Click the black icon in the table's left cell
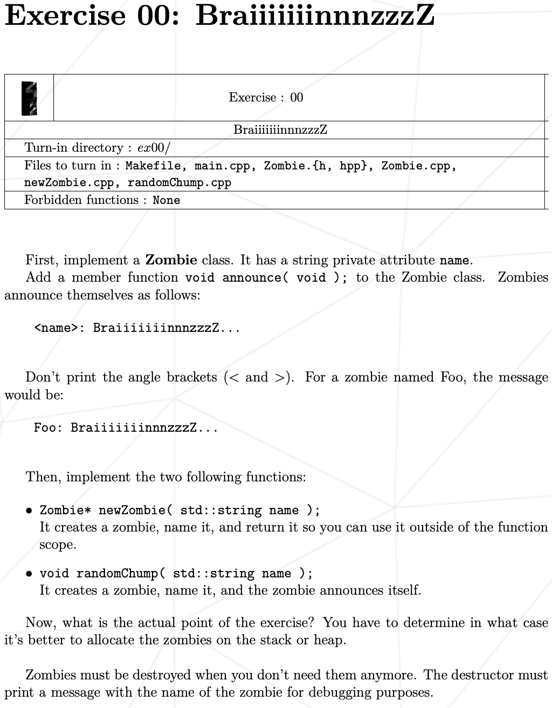(x=29, y=98)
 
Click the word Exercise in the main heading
(x=65, y=15)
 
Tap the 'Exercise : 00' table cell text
(x=266, y=98)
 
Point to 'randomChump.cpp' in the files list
(x=180, y=183)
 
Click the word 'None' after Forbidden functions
(x=166, y=201)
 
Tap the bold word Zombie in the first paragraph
(x=171, y=260)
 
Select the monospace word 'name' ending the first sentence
(x=454, y=261)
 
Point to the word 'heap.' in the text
(x=330, y=641)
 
